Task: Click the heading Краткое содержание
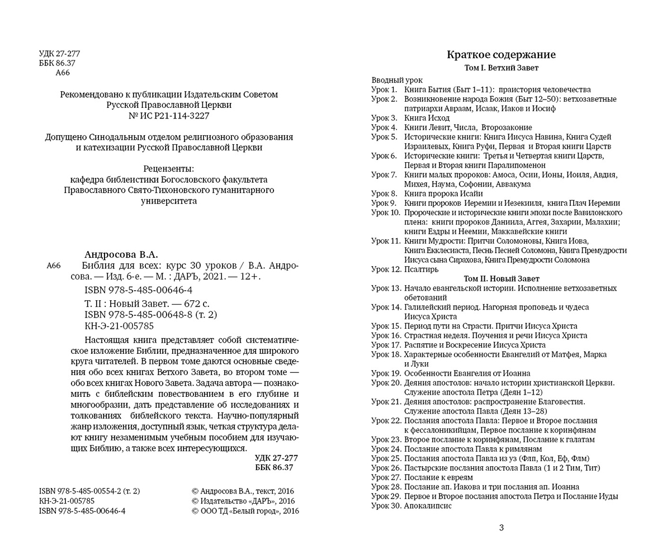pyautogui.click(x=501, y=55)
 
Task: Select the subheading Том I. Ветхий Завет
pyautogui.click(x=501, y=68)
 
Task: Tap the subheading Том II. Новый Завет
pyautogui.click(x=502, y=278)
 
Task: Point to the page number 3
pyautogui.click(x=501, y=528)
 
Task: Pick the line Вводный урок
pyautogui.click(x=397, y=80)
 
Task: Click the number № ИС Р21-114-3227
pyautogui.click(x=169, y=116)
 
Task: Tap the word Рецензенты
pyautogui.click(x=169, y=168)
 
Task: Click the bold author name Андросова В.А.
pyautogui.click(x=121, y=255)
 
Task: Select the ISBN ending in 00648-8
pyautogui.click(x=150, y=315)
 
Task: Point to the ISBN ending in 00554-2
pyautogui.click(x=89, y=491)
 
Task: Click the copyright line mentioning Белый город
pyautogui.click(x=245, y=511)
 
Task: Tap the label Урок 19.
pyautogui.click(x=386, y=373)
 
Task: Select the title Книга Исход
pyautogui.click(x=427, y=118)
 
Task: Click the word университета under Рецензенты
pyautogui.click(x=169, y=201)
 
